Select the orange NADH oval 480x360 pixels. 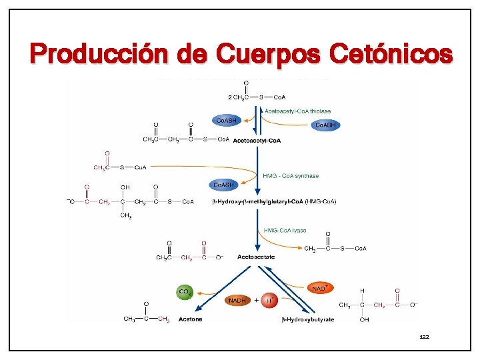[237, 301]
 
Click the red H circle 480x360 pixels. [269, 301]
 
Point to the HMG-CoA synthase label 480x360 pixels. [291, 176]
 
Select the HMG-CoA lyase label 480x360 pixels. [285, 231]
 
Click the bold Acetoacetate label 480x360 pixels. [256, 257]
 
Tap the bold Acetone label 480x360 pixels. [190, 319]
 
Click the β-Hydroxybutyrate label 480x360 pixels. [307, 320]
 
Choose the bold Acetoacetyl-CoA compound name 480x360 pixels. [257, 141]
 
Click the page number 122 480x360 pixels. [425, 337]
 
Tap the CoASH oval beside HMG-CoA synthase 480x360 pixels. [223, 185]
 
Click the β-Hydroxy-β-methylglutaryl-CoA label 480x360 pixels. [257, 201]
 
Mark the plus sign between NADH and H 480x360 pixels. [256, 301]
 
